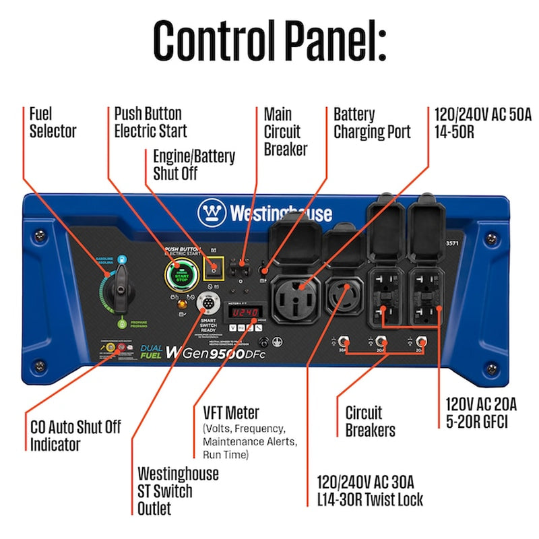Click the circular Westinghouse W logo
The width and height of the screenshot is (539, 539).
pyautogui.click(x=211, y=213)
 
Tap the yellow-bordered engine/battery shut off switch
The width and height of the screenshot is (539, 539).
pyautogui.click(x=214, y=268)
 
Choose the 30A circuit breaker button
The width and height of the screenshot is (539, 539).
pyautogui.click(x=343, y=340)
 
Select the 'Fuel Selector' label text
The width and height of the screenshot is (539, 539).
pyautogui.click(x=53, y=122)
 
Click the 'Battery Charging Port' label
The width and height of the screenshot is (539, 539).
pyautogui.click(x=372, y=122)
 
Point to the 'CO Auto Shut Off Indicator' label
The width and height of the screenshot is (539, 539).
pyautogui.click(x=75, y=435)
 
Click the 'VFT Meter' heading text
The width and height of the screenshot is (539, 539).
pyautogui.click(x=230, y=412)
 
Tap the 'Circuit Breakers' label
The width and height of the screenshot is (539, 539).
pyautogui.click(x=370, y=420)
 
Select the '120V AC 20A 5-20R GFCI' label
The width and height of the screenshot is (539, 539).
pyautogui.click(x=480, y=412)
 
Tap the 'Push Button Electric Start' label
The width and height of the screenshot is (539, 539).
pyautogui.click(x=150, y=122)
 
